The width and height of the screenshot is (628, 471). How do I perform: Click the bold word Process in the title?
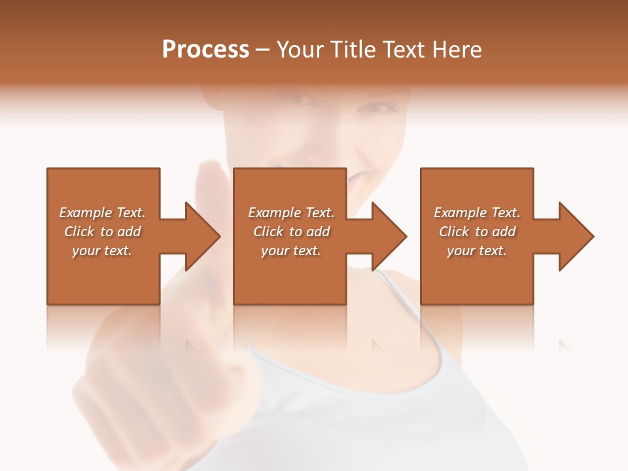pyautogui.click(x=205, y=50)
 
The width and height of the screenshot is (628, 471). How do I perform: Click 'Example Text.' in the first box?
pyautogui.click(x=102, y=213)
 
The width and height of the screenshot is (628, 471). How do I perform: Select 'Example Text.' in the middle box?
pyautogui.click(x=290, y=213)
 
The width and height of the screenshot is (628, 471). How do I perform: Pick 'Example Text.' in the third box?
pyautogui.click(x=477, y=213)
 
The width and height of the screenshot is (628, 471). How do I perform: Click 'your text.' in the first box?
pyautogui.click(x=102, y=251)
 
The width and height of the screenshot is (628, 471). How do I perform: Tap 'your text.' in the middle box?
pyautogui.click(x=290, y=251)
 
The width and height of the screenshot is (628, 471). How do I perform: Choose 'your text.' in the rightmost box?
pyautogui.click(x=477, y=251)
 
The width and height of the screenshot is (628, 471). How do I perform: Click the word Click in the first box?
pyautogui.click(x=79, y=232)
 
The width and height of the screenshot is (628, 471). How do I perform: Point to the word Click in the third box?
pyautogui.click(x=454, y=232)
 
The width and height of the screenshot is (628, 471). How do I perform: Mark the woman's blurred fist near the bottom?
pyautogui.click(x=150, y=379)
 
